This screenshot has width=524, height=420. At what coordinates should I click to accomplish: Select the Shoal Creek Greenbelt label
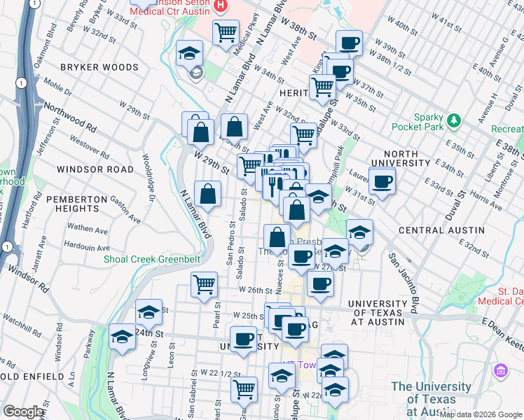point(152,259)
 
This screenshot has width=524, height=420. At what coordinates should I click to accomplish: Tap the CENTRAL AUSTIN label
point(441,230)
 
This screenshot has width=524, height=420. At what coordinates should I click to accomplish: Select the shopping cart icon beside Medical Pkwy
point(226,31)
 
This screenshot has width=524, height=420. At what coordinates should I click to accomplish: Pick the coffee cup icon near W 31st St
point(382,183)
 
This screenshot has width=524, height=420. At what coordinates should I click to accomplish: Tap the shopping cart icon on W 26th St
point(204,284)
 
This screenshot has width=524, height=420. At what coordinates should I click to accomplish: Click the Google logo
point(25,412)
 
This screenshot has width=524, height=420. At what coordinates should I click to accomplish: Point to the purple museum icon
point(501,370)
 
